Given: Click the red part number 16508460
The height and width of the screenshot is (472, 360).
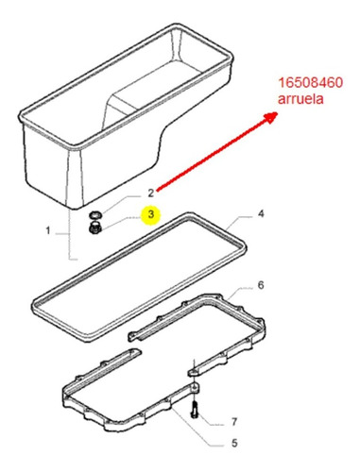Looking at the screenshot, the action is click(310, 83).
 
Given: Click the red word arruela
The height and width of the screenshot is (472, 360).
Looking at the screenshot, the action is click(300, 99).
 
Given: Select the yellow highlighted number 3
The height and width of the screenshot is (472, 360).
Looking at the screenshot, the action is click(151, 214).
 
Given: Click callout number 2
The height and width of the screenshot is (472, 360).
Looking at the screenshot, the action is click(151, 193).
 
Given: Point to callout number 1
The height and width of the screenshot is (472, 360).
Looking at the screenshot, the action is click(48, 231).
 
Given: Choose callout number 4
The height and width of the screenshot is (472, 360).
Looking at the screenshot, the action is click(261, 214).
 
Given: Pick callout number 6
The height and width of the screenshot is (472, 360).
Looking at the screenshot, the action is click(261, 285).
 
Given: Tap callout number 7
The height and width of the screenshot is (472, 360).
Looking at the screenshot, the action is click(233, 421).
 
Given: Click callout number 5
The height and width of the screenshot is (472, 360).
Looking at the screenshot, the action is click(234, 443).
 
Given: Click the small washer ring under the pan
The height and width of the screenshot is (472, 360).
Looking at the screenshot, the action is click(94, 215).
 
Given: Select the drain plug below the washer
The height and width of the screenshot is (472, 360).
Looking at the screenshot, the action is click(94, 228).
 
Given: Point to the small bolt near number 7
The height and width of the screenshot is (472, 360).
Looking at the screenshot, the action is click(195, 410).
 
